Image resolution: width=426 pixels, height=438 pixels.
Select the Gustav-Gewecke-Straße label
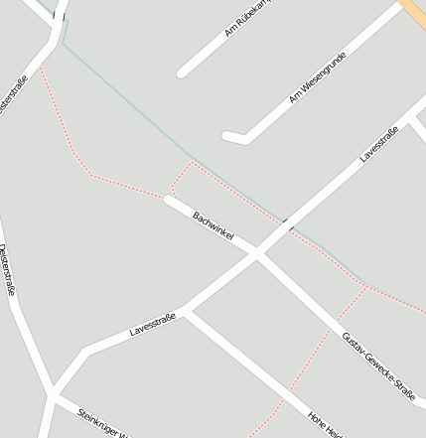377,366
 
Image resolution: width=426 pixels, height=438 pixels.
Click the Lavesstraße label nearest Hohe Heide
152,324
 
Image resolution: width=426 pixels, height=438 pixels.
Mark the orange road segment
413,12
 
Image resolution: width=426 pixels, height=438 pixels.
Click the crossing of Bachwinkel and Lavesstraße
258,255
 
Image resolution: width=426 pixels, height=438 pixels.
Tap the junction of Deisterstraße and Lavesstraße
50,392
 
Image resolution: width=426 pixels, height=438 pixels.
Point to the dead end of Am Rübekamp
183,73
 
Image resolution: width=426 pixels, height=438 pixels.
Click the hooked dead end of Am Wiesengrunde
227,136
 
